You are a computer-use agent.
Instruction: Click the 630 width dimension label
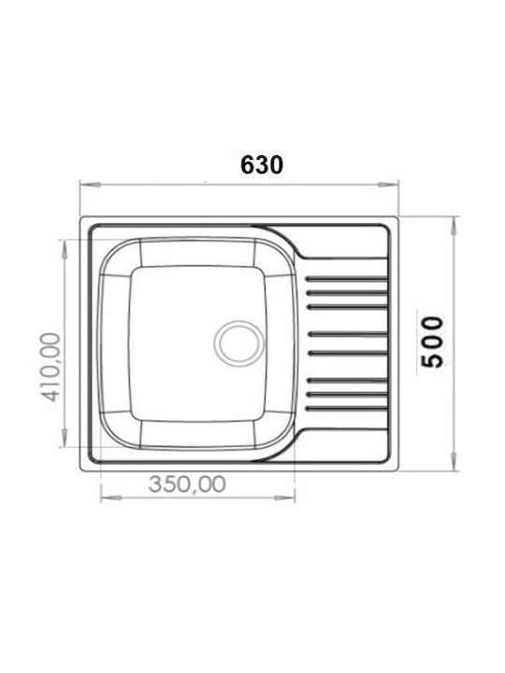[262, 165]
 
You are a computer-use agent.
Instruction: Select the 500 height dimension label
[432, 342]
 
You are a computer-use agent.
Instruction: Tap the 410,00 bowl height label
[50, 367]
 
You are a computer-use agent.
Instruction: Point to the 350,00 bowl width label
[187, 484]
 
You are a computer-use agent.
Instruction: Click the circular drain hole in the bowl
[239, 343]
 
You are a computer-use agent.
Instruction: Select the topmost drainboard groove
[347, 279]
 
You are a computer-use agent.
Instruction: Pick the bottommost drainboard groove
[347, 408]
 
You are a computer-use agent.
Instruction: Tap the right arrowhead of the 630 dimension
[388, 184]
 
